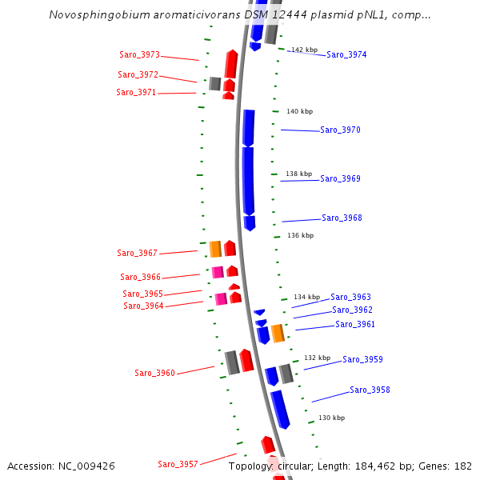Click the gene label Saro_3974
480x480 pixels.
[346, 54]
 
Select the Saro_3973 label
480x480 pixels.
[139, 55]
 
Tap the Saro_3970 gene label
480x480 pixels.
[340, 130]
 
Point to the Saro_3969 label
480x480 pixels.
[340, 178]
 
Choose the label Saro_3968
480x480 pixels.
[342, 218]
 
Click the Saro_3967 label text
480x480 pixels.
[137, 253]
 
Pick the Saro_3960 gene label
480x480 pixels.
[154, 373]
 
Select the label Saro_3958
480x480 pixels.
[370, 390]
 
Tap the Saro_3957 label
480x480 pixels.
[178, 464]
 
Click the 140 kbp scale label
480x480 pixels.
[299, 111]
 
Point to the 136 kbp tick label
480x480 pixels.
[300, 235]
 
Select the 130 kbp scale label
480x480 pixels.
[331, 418]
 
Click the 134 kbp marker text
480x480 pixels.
[306, 297]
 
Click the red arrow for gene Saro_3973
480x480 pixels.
[231, 64]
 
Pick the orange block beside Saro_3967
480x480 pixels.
[215, 249]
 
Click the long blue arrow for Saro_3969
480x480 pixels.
[248, 180]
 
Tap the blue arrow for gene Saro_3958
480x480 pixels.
[280, 408]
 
